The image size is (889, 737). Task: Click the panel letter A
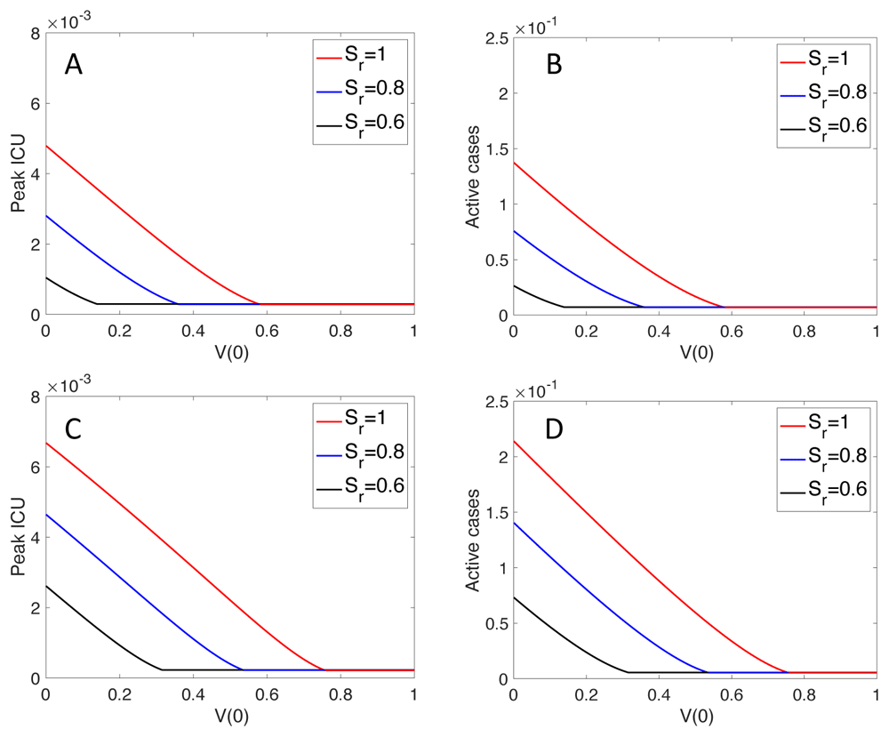(x=74, y=66)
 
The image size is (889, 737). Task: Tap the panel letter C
(x=74, y=430)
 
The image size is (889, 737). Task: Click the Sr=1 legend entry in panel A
(x=356, y=56)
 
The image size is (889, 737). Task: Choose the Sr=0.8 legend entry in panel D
(x=822, y=459)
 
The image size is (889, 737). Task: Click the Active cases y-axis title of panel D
(x=478, y=539)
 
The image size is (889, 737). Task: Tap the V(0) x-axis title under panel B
(x=694, y=350)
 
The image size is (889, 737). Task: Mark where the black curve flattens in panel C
(x=162, y=669)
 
